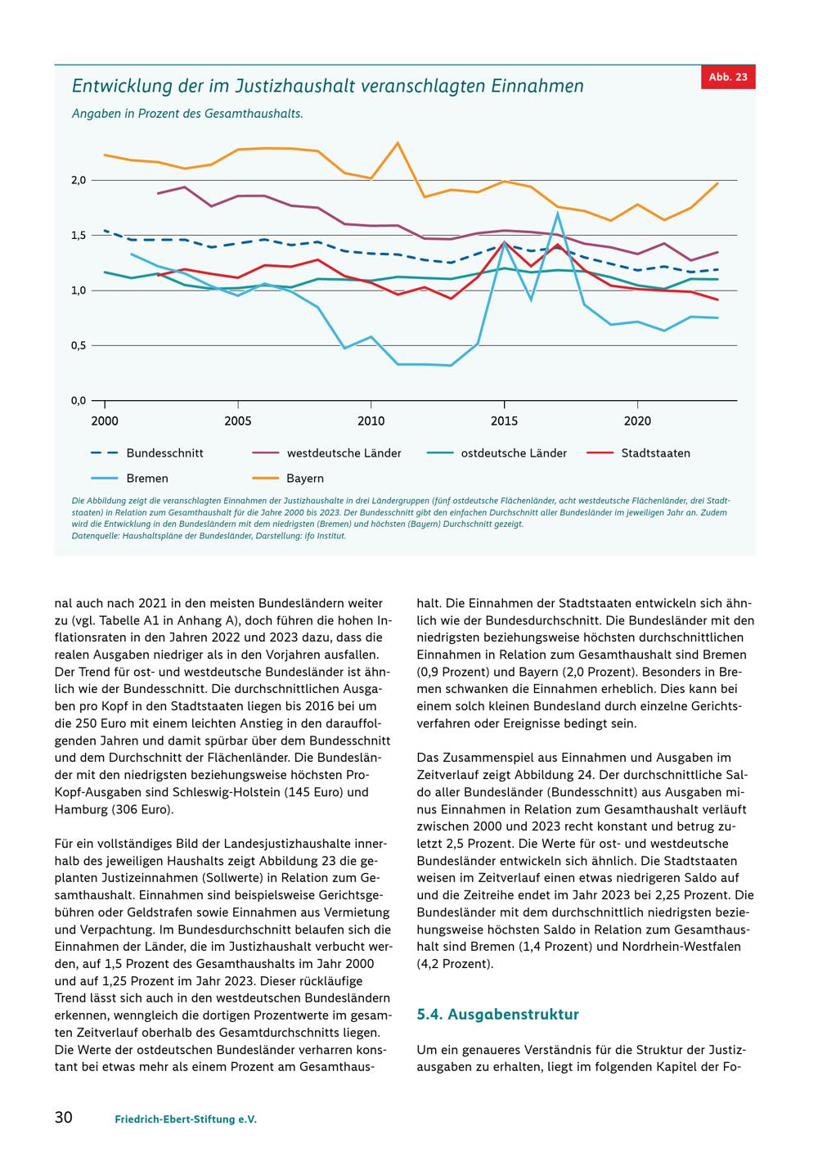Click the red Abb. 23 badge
pyautogui.click(x=728, y=77)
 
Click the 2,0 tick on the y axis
pyautogui.click(x=79, y=180)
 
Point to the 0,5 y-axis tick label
pyautogui.click(x=79, y=345)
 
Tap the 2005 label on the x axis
pyautogui.click(x=237, y=421)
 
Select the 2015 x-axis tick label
pyautogui.click(x=504, y=421)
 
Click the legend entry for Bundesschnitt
pyautogui.click(x=146, y=453)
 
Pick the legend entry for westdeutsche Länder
pyautogui.click(x=326, y=453)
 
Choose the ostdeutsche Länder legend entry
pyautogui.click(x=497, y=453)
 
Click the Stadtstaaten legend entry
pyautogui.click(x=638, y=453)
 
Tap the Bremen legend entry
pyautogui.click(x=129, y=479)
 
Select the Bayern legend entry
pyautogui.click(x=288, y=479)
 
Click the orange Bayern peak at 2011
pyautogui.click(x=397, y=142)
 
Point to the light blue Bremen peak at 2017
pyautogui.click(x=558, y=213)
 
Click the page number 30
pyautogui.click(x=64, y=1117)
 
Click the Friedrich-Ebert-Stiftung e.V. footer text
pyautogui.click(x=186, y=1119)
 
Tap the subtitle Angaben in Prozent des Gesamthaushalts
pyautogui.click(x=187, y=114)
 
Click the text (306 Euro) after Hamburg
pyautogui.click(x=142, y=809)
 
